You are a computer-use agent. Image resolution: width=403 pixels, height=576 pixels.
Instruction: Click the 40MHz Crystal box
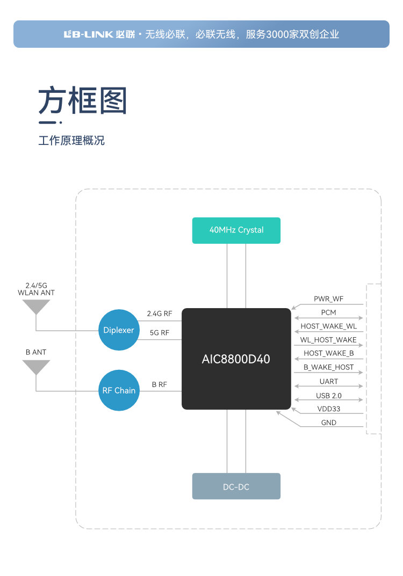coord(236,230)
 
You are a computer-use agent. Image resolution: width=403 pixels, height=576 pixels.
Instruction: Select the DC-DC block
coord(236,486)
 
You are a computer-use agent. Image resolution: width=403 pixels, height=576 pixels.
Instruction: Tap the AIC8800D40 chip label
coord(236,359)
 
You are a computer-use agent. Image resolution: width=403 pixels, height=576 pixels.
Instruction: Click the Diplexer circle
coord(119,330)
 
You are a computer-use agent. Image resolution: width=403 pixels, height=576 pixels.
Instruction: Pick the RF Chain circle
coord(119,390)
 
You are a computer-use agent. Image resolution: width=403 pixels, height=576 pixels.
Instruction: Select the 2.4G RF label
coord(160,313)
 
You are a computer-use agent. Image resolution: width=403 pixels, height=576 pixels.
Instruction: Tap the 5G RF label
coord(160,333)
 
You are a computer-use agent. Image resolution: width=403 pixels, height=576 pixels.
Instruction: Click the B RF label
coord(160,384)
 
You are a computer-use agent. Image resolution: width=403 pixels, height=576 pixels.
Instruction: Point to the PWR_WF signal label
coord(328,298)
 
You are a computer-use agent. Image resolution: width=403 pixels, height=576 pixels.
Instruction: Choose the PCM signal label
coord(328,312)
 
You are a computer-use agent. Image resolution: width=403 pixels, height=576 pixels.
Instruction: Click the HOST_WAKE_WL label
coord(328,326)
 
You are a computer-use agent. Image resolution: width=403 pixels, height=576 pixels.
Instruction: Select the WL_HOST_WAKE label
coord(328,340)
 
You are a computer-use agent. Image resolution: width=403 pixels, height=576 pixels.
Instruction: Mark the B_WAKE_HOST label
coord(328,367)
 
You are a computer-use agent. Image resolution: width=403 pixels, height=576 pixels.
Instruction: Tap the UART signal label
coord(328,381)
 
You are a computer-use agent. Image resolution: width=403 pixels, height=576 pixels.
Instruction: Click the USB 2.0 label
coord(328,396)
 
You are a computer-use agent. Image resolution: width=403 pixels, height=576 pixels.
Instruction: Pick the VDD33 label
coord(328,409)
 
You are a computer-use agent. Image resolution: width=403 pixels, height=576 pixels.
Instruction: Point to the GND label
coord(328,422)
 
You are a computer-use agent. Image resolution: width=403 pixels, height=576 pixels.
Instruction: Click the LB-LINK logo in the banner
coord(89,34)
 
